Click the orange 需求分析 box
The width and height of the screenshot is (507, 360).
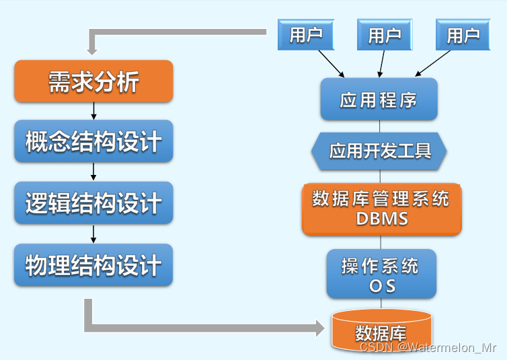pos(93,81)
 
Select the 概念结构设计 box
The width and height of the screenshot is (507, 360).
pos(93,142)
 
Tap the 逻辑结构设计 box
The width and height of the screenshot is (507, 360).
pos(93,203)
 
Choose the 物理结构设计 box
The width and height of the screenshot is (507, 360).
pos(93,264)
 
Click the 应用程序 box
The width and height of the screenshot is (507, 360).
pos(379,100)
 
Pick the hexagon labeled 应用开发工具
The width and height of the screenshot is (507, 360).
pos(379,151)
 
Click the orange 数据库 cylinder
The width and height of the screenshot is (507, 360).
pos(381,331)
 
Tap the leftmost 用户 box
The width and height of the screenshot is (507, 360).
pos(306,35)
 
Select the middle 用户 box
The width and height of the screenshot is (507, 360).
pos(385,35)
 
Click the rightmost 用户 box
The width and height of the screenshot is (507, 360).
pos(463,35)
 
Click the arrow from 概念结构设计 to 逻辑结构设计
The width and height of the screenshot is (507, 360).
pos(93,172)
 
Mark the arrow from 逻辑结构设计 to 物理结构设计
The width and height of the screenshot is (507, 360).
pos(93,233)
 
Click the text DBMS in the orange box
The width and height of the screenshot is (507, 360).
pos(381,219)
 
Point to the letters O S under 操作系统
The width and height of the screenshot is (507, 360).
pos(381,285)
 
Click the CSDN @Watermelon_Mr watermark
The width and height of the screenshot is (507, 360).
pos(428,348)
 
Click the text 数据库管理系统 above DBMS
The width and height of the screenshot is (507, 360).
pos(381,199)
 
